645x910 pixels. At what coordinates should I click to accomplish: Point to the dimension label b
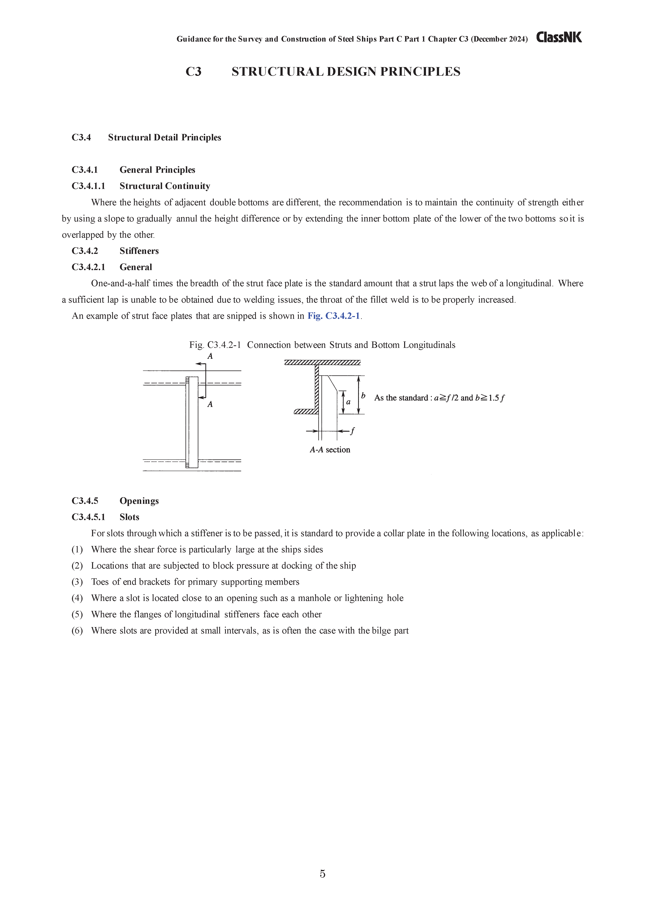(363, 396)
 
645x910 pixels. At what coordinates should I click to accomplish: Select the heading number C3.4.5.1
(88, 517)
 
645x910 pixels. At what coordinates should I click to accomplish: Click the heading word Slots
(130, 517)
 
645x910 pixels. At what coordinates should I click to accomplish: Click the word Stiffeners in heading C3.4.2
(139, 251)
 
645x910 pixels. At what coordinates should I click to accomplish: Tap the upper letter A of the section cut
(210, 356)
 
